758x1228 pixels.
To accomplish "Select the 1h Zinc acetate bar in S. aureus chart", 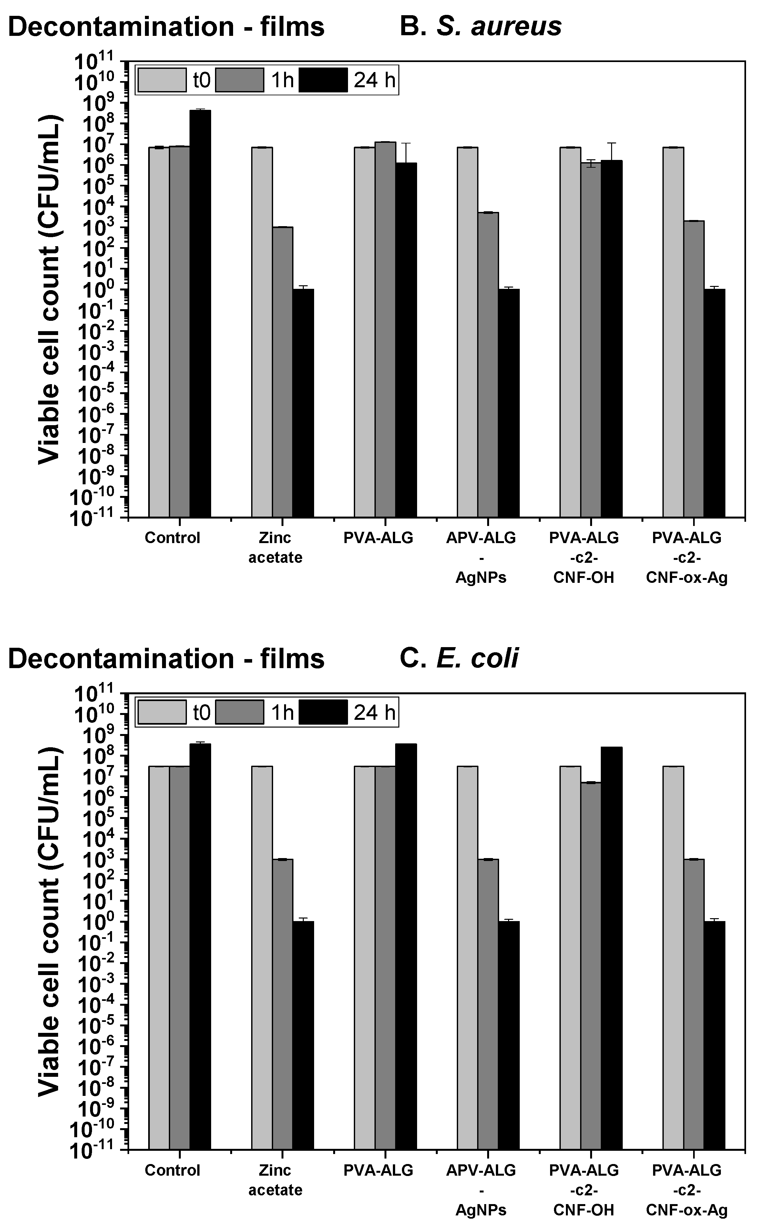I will point(283,371).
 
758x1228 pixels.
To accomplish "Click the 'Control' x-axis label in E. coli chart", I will point(172,1170).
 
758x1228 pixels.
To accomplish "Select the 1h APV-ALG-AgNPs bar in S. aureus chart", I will point(488,364).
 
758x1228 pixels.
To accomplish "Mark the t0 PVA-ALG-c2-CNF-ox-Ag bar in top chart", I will point(673,331).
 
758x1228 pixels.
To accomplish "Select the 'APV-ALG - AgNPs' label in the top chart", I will point(481,557).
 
